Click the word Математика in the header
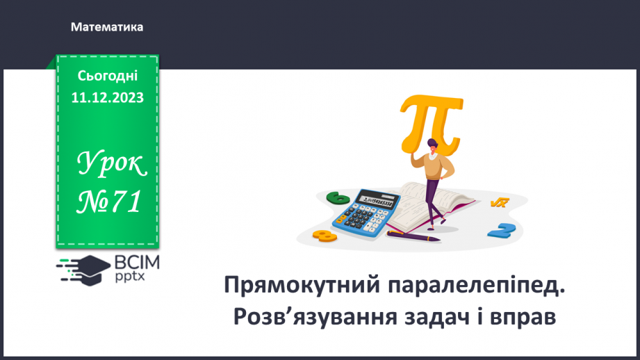point(107,27)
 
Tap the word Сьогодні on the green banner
point(108,76)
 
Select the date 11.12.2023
point(108,98)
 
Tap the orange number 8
point(325,236)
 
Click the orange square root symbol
point(499,203)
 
